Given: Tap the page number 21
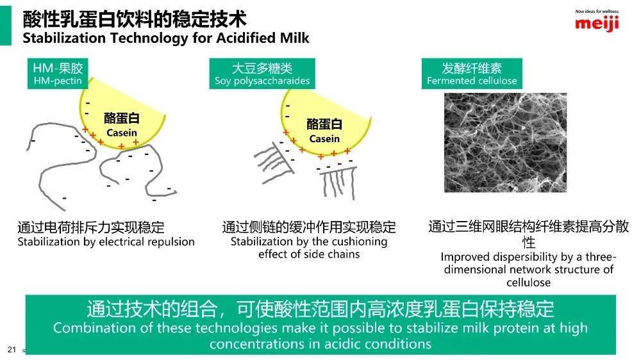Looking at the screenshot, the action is (12, 349).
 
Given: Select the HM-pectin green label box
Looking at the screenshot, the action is (58, 74).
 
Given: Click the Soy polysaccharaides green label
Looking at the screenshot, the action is (262, 74).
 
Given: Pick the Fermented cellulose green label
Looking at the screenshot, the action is (472, 74).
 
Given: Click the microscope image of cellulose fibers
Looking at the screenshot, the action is (505, 143).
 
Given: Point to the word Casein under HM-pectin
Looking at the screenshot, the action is (122, 133).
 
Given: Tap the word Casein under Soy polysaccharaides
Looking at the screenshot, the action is (324, 139).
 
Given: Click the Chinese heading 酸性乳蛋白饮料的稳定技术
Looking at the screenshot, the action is (135, 19).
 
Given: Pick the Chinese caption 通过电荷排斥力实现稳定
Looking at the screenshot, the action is (91, 227).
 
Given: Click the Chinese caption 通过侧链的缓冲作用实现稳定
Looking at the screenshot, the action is (309, 227).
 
